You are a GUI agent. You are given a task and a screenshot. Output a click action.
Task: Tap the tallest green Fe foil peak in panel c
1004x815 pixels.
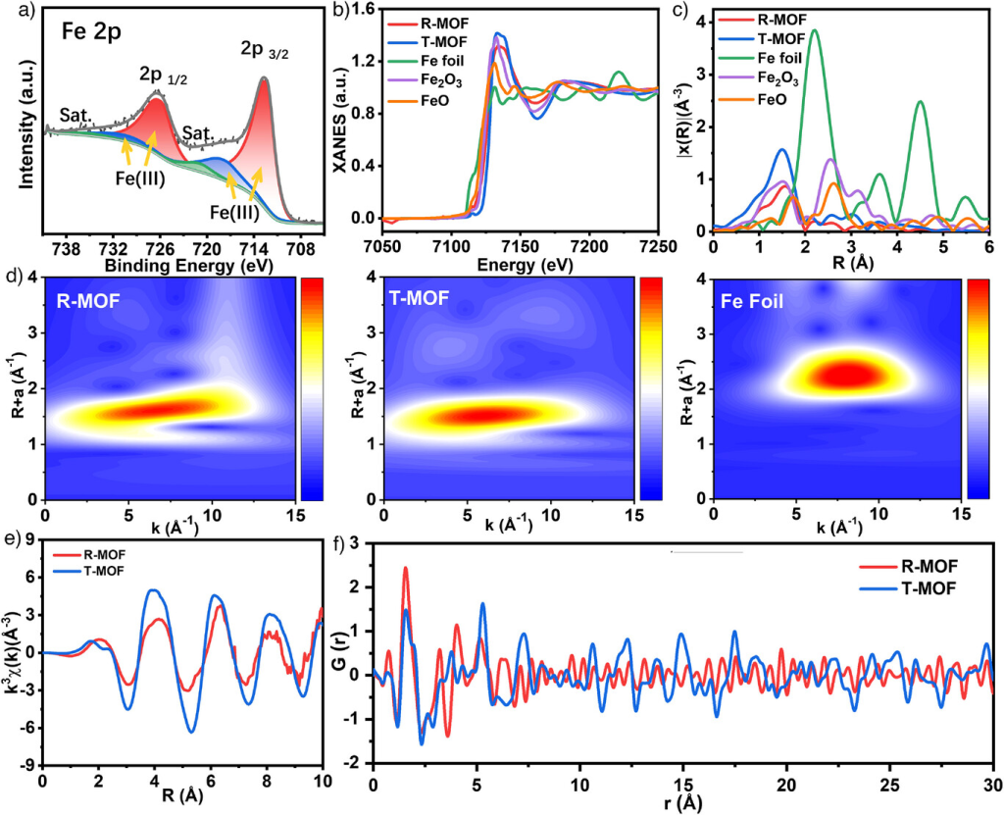(x=814, y=31)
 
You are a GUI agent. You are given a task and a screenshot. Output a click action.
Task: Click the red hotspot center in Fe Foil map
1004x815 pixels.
(x=849, y=374)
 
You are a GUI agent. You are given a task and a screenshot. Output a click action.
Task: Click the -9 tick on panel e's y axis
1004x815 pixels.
(x=30, y=764)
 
